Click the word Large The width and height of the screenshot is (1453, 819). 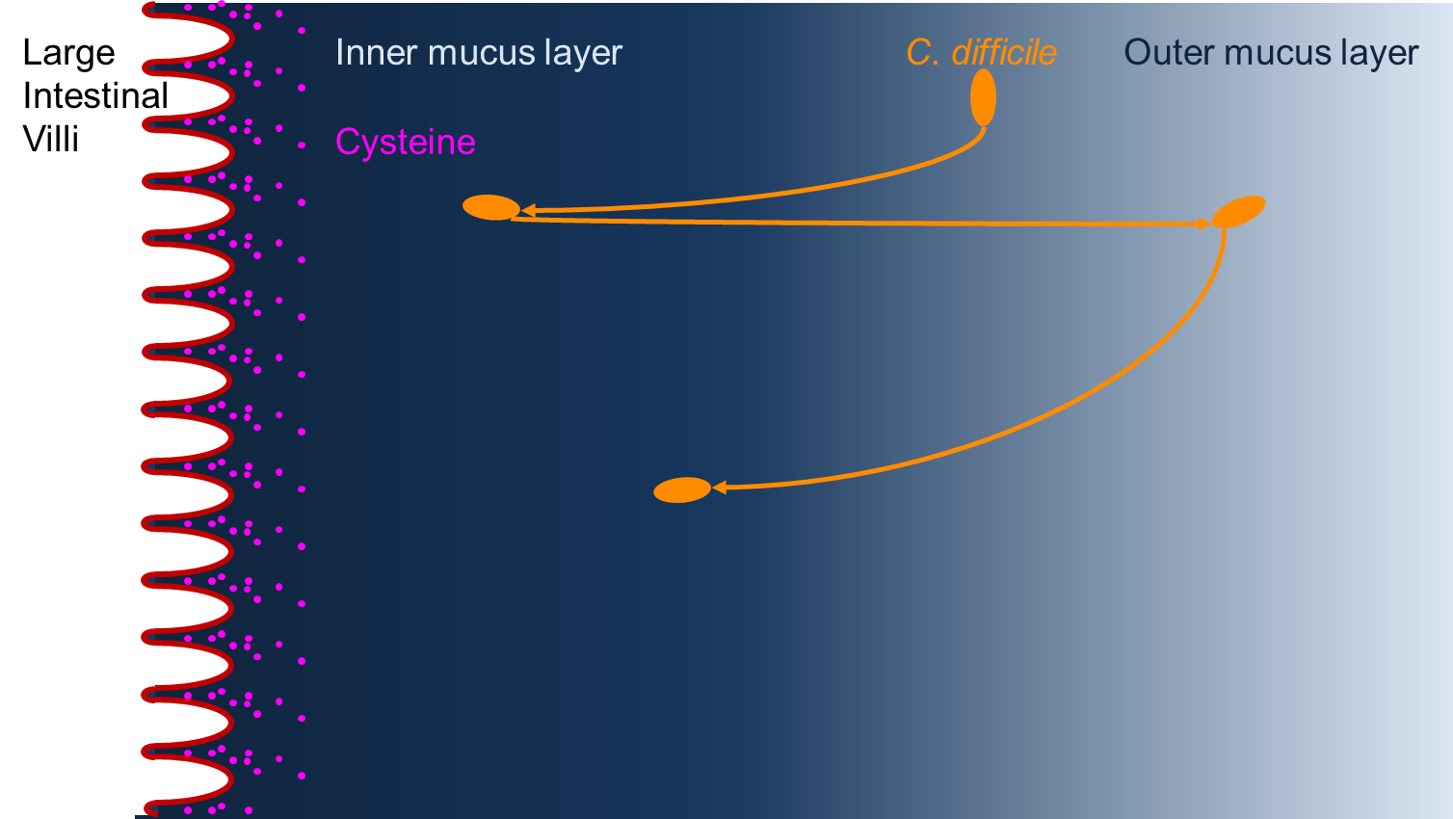point(68,54)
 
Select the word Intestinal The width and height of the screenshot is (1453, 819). point(95,96)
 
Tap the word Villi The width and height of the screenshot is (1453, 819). point(50,140)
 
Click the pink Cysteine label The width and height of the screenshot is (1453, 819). point(406,143)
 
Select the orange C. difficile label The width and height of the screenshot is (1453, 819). point(981,53)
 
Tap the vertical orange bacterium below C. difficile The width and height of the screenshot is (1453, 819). point(983,97)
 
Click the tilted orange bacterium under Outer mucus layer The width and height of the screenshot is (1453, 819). point(1238,211)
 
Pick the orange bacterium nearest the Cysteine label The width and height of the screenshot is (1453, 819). point(491,207)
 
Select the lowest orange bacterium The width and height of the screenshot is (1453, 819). point(681,490)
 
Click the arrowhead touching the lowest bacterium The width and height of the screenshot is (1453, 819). point(719,489)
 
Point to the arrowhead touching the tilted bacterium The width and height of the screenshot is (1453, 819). point(1203,225)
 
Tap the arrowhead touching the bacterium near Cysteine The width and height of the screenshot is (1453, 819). point(528,210)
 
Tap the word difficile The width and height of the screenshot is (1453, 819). point(1004,53)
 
